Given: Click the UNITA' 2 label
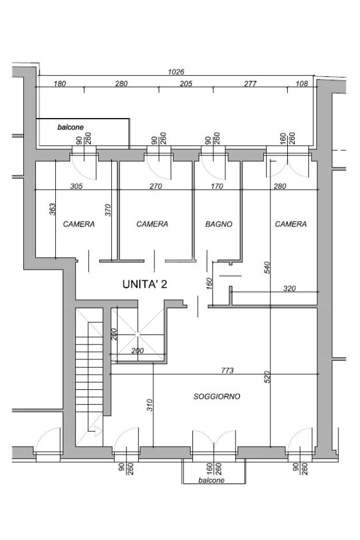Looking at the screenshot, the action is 145,284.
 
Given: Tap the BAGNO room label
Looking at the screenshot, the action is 219,224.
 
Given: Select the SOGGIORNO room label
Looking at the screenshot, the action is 217,396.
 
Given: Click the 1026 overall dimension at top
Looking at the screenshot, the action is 176,72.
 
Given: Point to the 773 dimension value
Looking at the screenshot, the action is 227,370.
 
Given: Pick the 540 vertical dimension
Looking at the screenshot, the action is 268,268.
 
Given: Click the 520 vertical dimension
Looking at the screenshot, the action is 268,377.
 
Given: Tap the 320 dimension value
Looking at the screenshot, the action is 289,289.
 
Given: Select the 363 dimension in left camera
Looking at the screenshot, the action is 52,209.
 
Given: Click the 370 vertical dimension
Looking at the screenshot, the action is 108,210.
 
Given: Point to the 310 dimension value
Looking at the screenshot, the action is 149,405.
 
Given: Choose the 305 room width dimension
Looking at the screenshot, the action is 76,186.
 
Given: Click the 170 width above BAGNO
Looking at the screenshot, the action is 217,186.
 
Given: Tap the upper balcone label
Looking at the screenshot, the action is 70,127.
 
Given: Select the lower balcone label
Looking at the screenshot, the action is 211,480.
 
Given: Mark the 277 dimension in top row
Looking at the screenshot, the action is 250,84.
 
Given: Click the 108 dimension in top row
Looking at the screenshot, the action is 302,84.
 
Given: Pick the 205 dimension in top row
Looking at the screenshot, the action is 186,84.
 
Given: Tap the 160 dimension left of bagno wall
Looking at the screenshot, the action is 210,283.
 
